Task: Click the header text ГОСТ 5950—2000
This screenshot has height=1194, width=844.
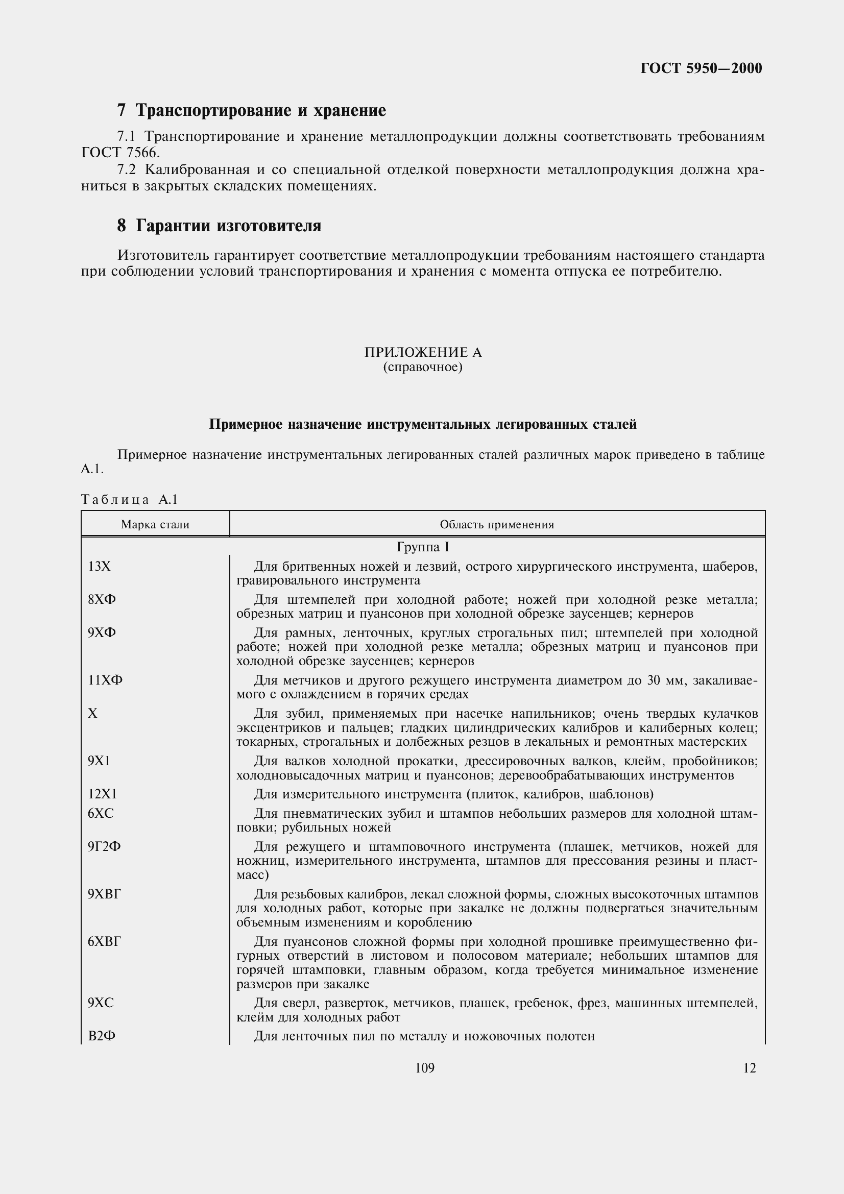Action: tap(701, 68)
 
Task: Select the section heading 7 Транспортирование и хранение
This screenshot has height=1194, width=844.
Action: tap(252, 110)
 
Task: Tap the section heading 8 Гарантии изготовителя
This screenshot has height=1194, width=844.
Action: tap(219, 226)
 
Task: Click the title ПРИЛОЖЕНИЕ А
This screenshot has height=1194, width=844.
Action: tap(423, 353)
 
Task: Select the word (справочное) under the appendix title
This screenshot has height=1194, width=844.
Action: tap(423, 367)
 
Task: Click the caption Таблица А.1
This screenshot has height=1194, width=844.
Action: tap(130, 500)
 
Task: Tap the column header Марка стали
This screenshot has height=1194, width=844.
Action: tap(155, 525)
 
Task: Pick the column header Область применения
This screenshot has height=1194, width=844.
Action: tap(497, 525)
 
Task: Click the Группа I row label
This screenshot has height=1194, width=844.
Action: tap(423, 547)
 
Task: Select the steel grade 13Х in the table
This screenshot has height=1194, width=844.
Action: tap(100, 566)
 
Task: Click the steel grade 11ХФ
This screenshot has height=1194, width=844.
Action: tap(105, 680)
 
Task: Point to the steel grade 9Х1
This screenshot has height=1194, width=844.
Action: tap(100, 761)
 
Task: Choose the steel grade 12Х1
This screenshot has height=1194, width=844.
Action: tap(103, 794)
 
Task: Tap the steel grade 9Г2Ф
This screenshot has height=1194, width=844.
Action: tap(104, 846)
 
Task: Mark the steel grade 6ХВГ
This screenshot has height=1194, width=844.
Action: tap(105, 942)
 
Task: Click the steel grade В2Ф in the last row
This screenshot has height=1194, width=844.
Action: tap(102, 1036)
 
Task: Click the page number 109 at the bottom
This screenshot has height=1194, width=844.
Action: tap(424, 1068)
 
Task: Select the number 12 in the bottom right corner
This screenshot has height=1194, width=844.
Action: tap(750, 1068)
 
